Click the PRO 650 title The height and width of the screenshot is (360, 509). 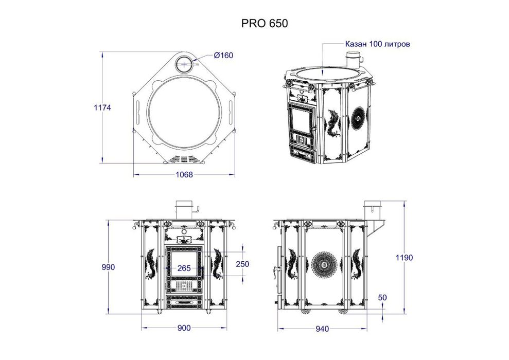pos(264,23)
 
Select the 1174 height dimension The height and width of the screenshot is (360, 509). pos(102,107)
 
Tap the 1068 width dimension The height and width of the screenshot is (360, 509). pos(184,174)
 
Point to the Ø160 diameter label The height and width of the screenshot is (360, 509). pos(223,56)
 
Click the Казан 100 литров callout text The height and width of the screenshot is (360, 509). pos(378,44)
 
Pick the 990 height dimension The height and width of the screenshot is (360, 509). pos(108,267)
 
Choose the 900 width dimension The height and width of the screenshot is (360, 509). pos(184,328)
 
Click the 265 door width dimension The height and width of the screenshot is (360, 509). pos(184,268)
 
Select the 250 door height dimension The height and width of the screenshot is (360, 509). pos(242,264)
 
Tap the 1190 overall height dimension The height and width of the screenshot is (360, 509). pos(404,258)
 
